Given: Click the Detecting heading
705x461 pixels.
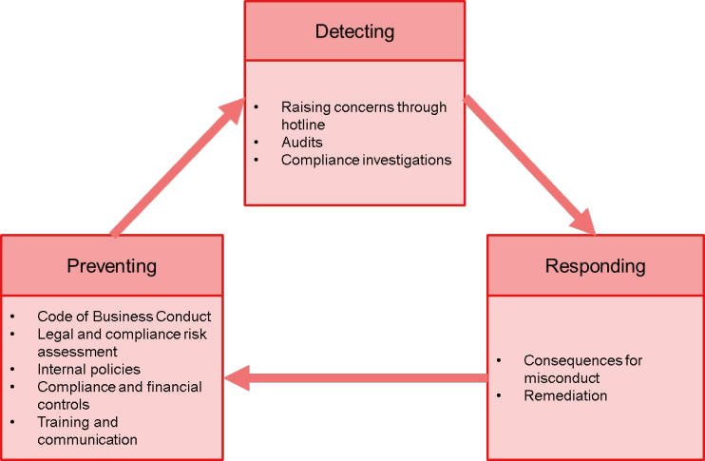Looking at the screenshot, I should [354, 31].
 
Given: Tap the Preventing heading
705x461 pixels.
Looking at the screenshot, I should [111, 265].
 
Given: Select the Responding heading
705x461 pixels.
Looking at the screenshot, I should [595, 265].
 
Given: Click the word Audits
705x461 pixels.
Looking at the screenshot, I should [302, 143].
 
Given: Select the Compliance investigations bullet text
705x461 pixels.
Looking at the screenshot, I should [366, 160].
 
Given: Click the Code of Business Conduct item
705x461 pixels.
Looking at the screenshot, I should [124, 316].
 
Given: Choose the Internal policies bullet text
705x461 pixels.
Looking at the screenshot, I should [88, 369].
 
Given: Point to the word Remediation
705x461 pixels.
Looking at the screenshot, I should [565, 395].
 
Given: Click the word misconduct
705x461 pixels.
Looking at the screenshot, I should [562, 378].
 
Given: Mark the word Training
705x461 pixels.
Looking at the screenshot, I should [65, 422].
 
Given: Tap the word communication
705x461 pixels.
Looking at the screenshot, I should [87, 439].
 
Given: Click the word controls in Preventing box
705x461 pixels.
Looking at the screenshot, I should [63, 404].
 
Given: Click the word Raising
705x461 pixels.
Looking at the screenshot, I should [305, 107].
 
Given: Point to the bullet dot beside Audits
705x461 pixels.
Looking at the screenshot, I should [257, 143].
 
